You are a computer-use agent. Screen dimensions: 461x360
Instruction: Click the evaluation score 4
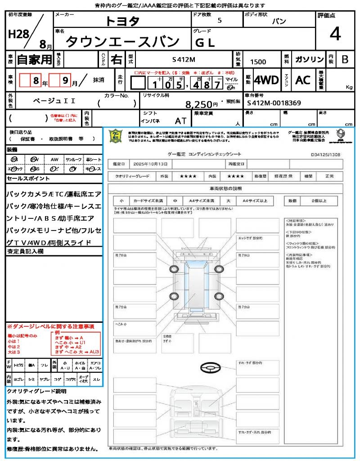click(x=334, y=34)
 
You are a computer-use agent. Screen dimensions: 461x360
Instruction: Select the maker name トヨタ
click(x=122, y=21)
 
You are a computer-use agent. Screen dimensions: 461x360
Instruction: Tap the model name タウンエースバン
click(x=122, y=42)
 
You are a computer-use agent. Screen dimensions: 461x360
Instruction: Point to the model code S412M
click(x=184, y=60)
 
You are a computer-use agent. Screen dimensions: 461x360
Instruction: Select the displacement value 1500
click(x=258, y=62)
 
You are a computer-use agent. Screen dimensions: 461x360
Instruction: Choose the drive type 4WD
click(x=266, y=80)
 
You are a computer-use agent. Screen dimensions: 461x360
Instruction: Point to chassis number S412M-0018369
click(x=274, y=103)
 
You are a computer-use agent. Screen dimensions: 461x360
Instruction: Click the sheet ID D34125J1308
click(x=325, y=154)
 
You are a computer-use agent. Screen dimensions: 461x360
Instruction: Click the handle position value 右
click(x=117, y=59)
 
